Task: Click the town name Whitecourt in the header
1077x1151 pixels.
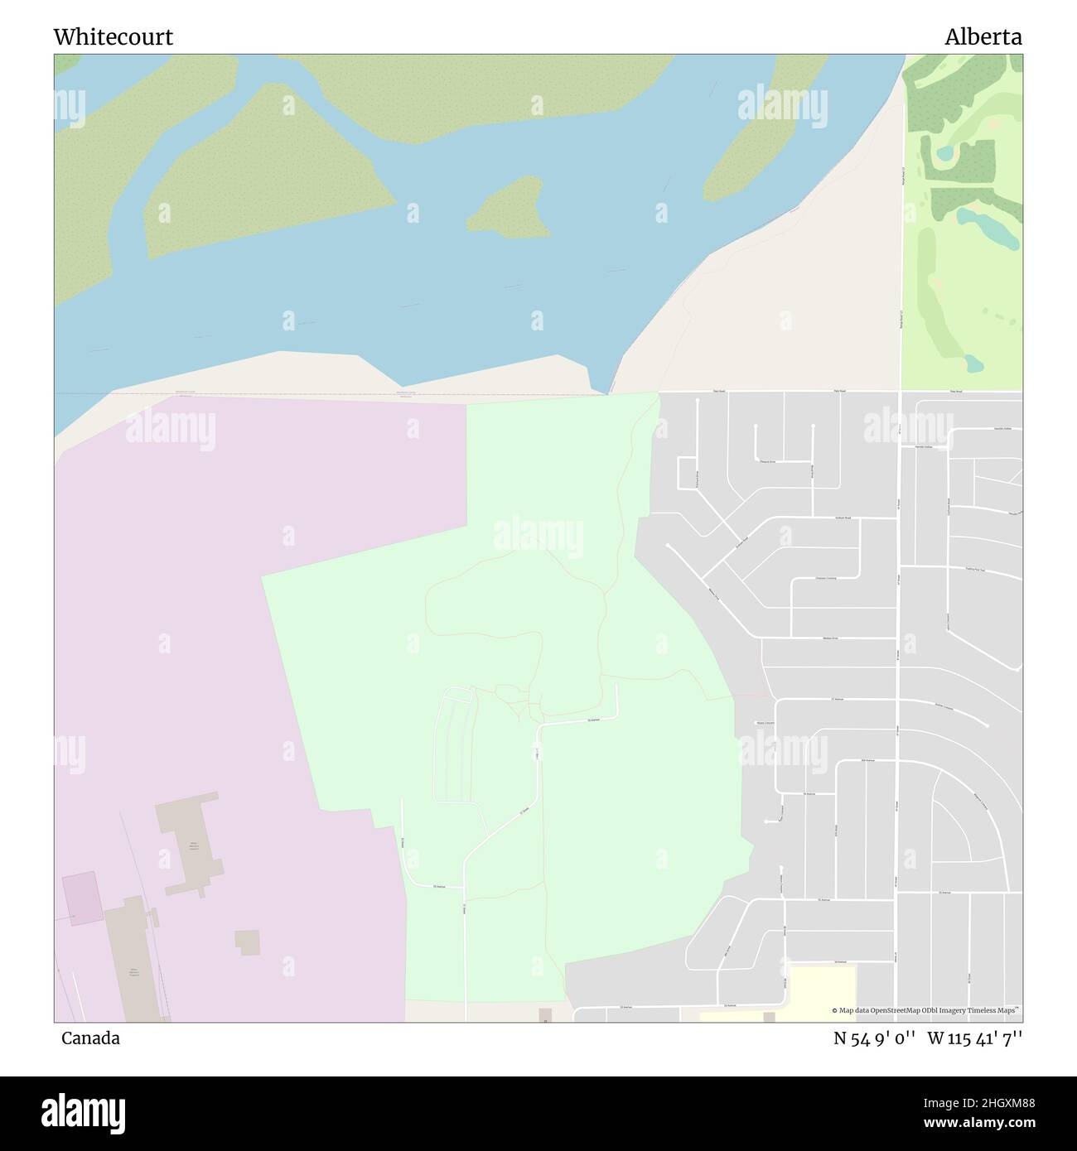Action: (x=113, y=37)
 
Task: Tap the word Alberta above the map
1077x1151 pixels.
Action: (x=983, y=37)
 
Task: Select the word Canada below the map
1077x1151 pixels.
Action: (x=90, y=1038)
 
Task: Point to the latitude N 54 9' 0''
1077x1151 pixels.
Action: (x=874, y=1038)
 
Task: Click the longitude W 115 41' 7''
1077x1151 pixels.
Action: (x=975, y=1038)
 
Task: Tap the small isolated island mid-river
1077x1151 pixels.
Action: (x=510, y=207)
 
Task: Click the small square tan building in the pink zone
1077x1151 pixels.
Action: (x=247, y=942)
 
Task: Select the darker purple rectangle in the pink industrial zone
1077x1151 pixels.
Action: (x=80, y=898)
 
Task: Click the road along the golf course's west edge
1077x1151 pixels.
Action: (x=901, y=248)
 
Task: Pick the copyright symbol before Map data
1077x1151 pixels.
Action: (x=835, y=1011)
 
